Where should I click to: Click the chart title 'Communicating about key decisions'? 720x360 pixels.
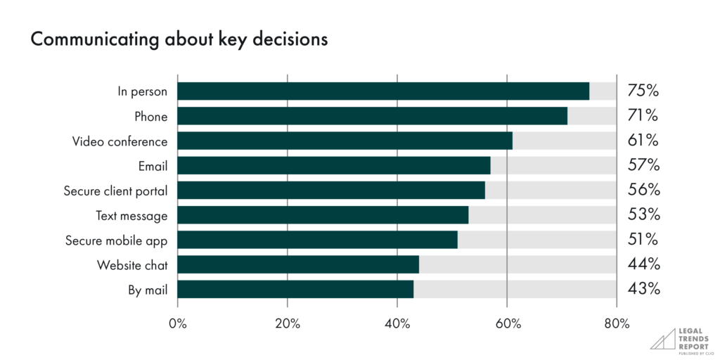[x=179, y=39]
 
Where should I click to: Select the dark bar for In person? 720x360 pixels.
[x=383, y=91]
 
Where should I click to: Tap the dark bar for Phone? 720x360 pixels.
[x=372, y=116]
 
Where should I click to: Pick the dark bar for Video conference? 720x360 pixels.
[x=345, y=141]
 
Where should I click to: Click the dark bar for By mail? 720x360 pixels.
[x=295, y=289]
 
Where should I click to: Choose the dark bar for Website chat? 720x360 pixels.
[x=298, y=264]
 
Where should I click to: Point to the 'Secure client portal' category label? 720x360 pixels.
[x=115, y=191]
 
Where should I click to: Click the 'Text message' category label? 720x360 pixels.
[x=131, y=215]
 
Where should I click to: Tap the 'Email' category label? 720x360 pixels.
[x=153, y=166]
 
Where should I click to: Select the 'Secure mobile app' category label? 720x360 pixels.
[x=116, y=240]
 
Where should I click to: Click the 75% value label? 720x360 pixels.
[x=643, y=91]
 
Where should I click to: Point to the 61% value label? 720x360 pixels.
[x=643, y=141]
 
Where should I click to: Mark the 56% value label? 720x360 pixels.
[x=643, y=191]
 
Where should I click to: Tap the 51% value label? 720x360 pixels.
[x=643, y=240]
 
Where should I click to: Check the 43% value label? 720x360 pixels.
[x=643, y=289]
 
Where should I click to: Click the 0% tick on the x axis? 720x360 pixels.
[x=177, y=323]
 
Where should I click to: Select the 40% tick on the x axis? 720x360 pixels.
[x=397, y=323]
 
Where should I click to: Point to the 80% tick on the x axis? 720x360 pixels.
[x=617, y=323]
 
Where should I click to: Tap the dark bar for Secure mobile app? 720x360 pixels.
[x=317, y=240]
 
